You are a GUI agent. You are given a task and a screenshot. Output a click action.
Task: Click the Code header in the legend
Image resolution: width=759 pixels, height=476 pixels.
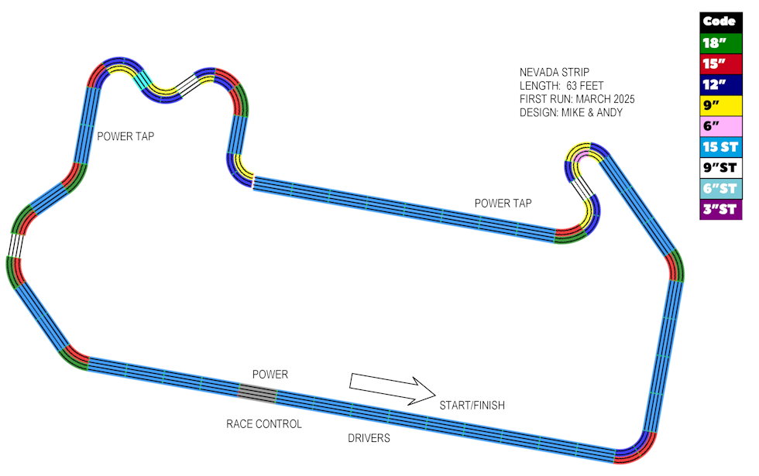click(x=721, y=22)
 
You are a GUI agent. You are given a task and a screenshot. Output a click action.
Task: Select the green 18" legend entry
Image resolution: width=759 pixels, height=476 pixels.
click(x=721, y=43)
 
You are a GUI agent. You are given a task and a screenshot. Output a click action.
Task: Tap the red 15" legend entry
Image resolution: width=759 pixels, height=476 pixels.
click(x=721, y=63)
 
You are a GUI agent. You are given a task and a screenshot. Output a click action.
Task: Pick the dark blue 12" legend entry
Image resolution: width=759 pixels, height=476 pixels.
click(x=721, y=84)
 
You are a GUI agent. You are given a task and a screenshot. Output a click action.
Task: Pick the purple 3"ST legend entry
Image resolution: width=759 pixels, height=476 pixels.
click(x=721, y=210)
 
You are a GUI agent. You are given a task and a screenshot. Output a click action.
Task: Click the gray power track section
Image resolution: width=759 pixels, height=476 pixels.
click(x=256, y=393)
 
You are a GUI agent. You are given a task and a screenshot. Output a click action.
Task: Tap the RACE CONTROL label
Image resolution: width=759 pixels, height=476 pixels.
click(x=263, y=424)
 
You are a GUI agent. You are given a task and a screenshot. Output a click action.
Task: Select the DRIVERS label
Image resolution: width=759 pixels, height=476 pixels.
click(x=368, y=439)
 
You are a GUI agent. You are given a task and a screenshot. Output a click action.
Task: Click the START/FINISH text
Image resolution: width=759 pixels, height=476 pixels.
click(x=472, y=406)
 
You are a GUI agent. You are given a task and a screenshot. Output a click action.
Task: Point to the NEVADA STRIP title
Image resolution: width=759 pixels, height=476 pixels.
click(x=555, y=72)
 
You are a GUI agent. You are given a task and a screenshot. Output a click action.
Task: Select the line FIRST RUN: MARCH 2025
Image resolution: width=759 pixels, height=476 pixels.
click(x=577, y=100)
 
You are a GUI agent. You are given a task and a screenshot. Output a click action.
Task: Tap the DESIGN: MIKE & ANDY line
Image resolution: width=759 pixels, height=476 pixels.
click(x=571, y=114)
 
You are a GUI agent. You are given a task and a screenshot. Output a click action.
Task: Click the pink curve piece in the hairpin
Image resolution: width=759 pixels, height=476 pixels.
click(x=581, y=160)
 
